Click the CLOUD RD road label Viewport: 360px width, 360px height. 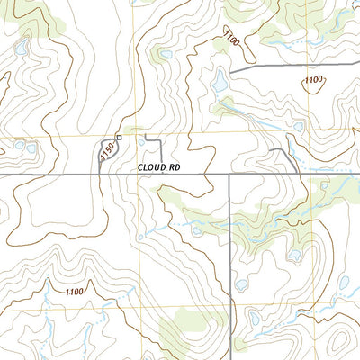click(x=160, y=167)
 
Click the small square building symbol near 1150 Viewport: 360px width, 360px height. click(x=119, y=138)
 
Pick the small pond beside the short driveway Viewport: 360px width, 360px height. click(x=141, y=141)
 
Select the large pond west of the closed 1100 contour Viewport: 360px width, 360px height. click(x=219, y=84)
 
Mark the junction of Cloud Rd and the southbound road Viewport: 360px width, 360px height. click(x=230, y=175)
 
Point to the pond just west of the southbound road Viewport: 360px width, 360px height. click(x=196, y=230)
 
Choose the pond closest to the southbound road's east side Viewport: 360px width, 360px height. click(x=241, y=285)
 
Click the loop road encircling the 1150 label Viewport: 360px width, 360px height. click(x=101, y=155)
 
